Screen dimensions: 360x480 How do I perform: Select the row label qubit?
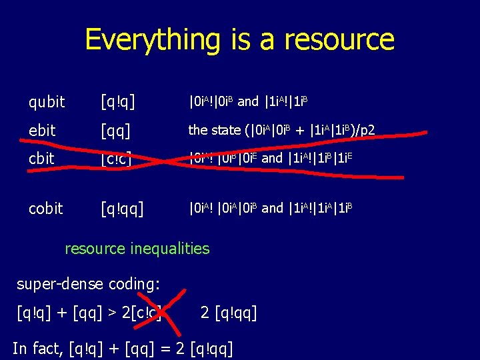point(47,102)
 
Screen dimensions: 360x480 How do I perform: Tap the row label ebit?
point(42,131)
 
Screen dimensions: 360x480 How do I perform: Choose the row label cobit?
point(45,208)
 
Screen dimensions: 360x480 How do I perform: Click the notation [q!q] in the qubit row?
point(118,102)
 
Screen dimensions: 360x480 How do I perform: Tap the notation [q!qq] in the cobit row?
point(123,208)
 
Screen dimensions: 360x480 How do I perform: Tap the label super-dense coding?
point(88,285)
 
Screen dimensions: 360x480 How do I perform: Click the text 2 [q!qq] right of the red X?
point(228,311)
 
